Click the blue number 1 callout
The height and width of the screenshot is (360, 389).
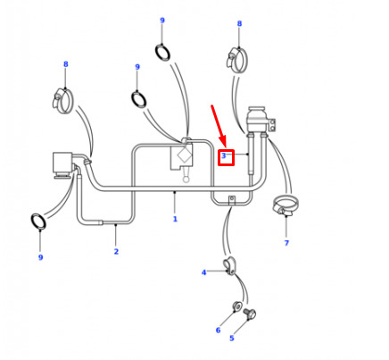(175, 219)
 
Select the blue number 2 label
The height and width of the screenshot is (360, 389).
(116, 251)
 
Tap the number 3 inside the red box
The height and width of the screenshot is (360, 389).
(224, 155)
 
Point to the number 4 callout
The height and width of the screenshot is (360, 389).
(203, 272)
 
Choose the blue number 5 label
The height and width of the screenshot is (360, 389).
(232, 338)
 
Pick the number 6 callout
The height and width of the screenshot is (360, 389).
(218, 330)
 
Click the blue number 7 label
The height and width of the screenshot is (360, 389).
(286, 243)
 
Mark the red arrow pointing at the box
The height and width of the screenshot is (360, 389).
(219, 126)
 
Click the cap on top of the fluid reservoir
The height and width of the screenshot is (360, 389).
(256, 109)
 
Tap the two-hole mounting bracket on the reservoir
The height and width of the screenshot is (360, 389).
(272, 124)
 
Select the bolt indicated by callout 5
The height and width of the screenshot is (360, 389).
(250, 314)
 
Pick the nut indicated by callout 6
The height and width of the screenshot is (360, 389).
(237, 306)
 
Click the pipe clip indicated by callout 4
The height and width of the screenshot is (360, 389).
(229, 265)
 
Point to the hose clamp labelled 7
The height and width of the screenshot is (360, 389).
(286, 205)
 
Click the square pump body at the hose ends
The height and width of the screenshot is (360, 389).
(62, 163)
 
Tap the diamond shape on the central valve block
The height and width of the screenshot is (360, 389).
(184, 155)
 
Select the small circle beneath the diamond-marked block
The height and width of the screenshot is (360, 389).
(186, 180)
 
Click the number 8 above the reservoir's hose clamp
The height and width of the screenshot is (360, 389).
(239, 23)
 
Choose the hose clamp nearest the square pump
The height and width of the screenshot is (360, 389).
(62, 100)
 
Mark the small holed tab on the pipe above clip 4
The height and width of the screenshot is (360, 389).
(231, 199)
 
